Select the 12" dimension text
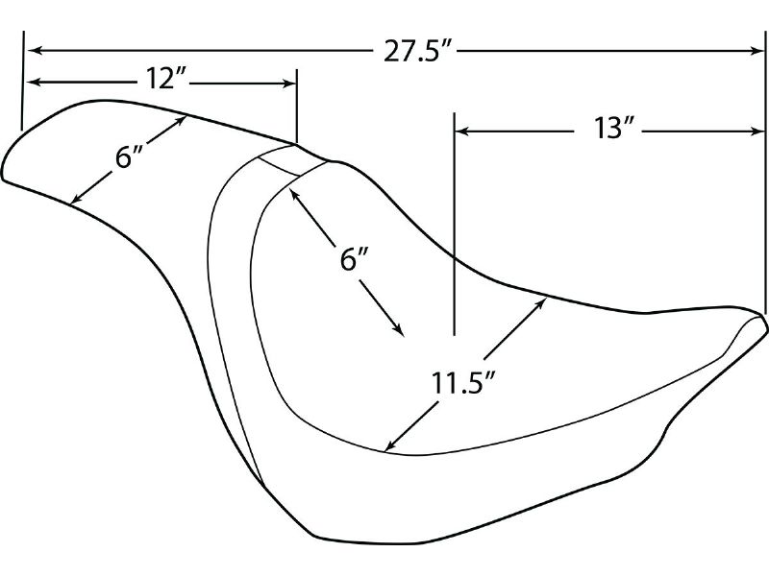(166, 79)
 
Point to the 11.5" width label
(463, 383)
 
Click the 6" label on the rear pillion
(129, 158)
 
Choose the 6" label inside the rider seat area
(354, 259)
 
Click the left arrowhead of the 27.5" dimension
(34, 50)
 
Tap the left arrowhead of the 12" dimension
(33, 83)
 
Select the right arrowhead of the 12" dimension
(289, 84)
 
